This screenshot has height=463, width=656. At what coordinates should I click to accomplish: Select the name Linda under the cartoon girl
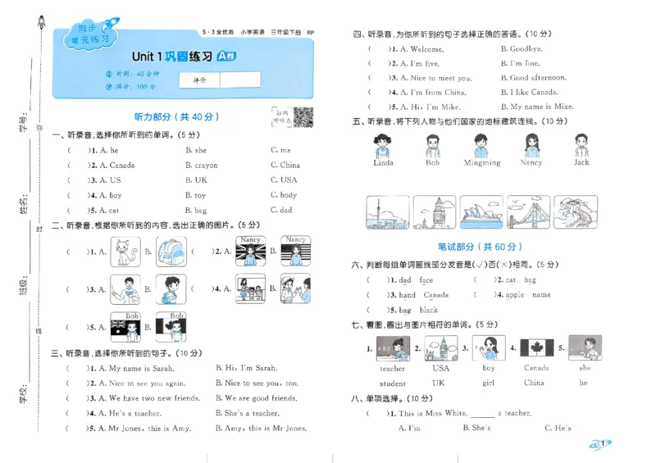tap(383, 163)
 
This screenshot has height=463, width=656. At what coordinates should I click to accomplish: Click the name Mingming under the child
tap(481, 163)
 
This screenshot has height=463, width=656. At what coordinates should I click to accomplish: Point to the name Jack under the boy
tap(581, 162)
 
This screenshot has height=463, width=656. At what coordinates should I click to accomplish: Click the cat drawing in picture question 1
tap(125, 252)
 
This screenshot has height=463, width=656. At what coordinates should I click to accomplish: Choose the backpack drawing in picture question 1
tap(170, 252)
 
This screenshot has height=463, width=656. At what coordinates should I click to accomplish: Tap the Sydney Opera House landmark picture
tap(481, 212)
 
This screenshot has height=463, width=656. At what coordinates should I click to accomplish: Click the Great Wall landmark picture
tap(576, 212)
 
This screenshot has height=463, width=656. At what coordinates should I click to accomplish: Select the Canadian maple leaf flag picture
tap(538, 348)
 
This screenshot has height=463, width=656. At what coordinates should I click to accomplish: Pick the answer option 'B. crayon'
tap(201, 166)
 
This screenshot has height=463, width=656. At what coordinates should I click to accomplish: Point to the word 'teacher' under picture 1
tap(393, 369)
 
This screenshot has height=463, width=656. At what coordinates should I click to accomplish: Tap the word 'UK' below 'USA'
tap(439, 383)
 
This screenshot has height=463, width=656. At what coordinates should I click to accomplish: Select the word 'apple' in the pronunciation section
tap(515, 295)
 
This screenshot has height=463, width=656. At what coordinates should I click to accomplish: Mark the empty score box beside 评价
tap(240, 80)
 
